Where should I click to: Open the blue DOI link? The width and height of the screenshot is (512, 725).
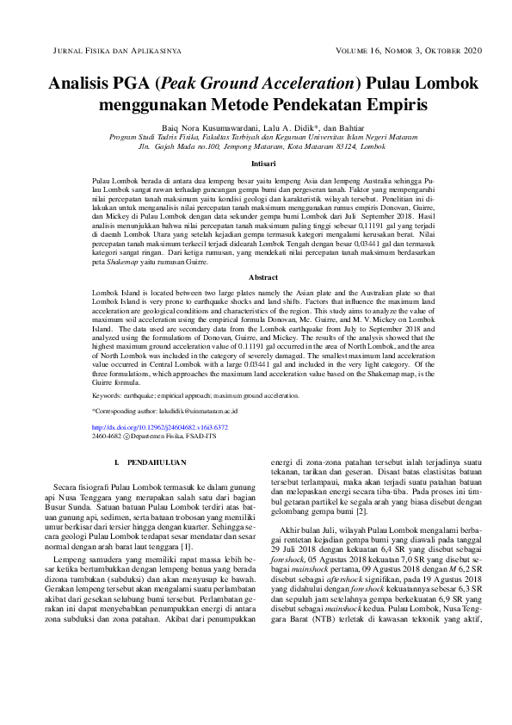click(160, 427)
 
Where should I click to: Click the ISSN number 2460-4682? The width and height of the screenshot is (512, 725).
click(106, 437)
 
